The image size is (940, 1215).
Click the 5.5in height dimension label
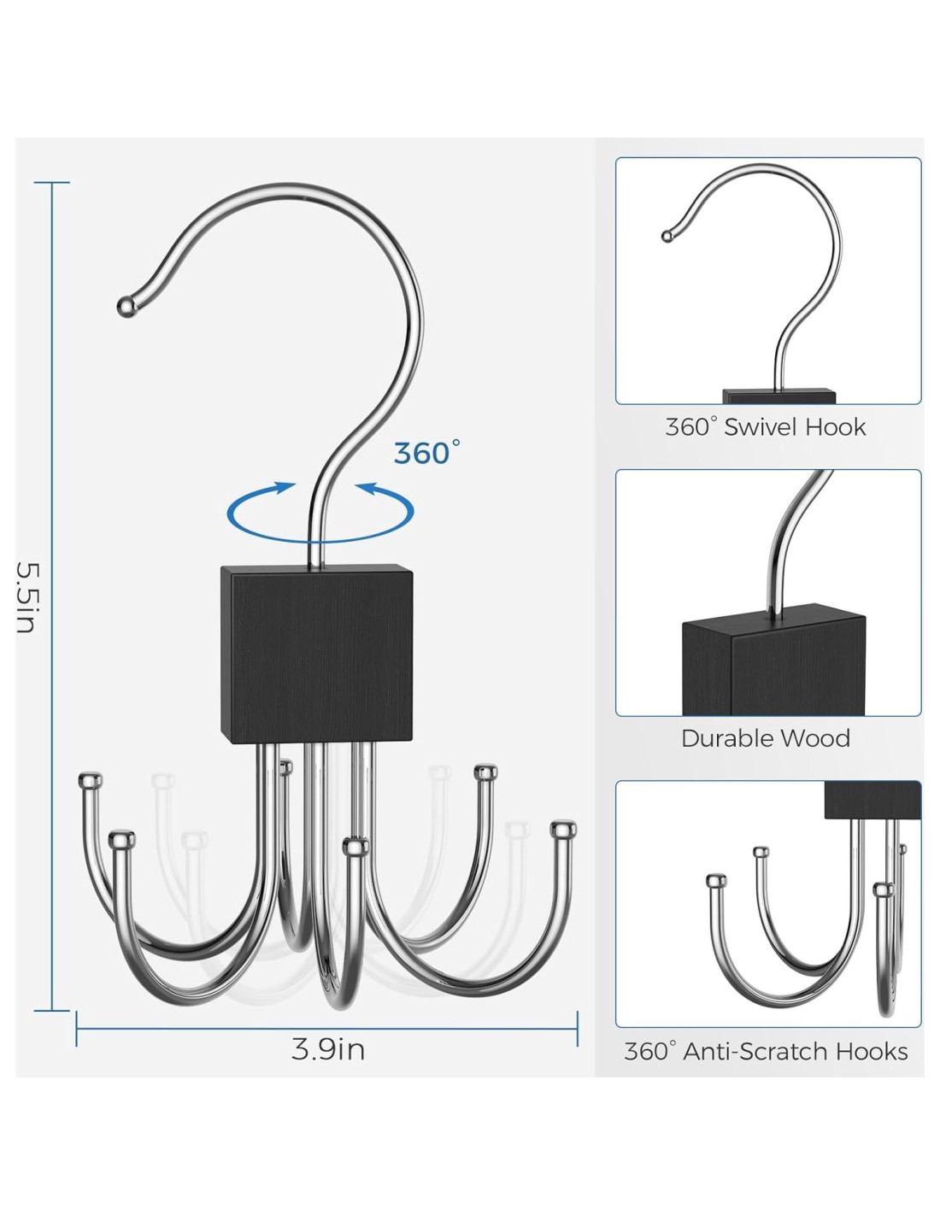(26, 597)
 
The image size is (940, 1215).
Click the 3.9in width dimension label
(328, 1049)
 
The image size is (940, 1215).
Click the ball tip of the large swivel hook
(126, 305)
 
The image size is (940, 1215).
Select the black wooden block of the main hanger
(316, 654)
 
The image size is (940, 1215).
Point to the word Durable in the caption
(726, 738)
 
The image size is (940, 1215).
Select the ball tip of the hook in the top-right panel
(667, 236)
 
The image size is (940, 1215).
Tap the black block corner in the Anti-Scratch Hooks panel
(872, 800)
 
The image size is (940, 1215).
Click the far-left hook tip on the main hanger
(90, 780)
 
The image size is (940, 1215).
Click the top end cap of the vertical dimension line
(52, 183)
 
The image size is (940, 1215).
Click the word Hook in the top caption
(838, 427)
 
